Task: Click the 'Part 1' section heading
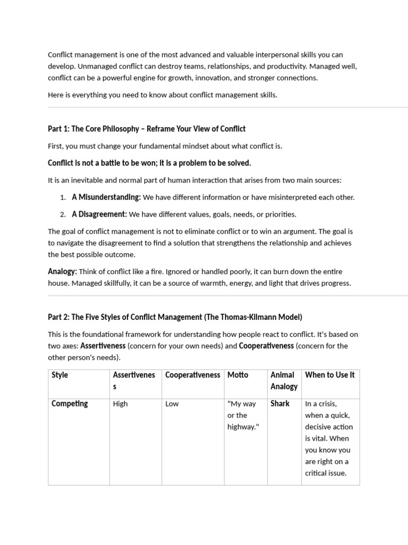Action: [147, 129]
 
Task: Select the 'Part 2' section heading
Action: [175, 317]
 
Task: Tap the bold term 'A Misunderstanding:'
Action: [106, 197]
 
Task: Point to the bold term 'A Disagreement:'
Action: [99, 214]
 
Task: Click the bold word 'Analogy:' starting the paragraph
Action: [62, 272]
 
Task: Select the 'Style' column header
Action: [60, 375]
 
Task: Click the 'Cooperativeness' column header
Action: [192, 375]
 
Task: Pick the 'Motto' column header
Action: [238, 375]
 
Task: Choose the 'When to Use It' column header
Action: [330, 375]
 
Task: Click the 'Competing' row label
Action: [70, 404]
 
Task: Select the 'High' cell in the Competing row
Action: [121, 404]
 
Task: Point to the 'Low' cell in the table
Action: [172, 404]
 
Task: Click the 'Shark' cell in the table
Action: [280, 404]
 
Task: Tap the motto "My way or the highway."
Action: [243, 415]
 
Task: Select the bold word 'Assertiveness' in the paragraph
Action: [103, 346]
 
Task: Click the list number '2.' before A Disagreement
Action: [63, 214]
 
